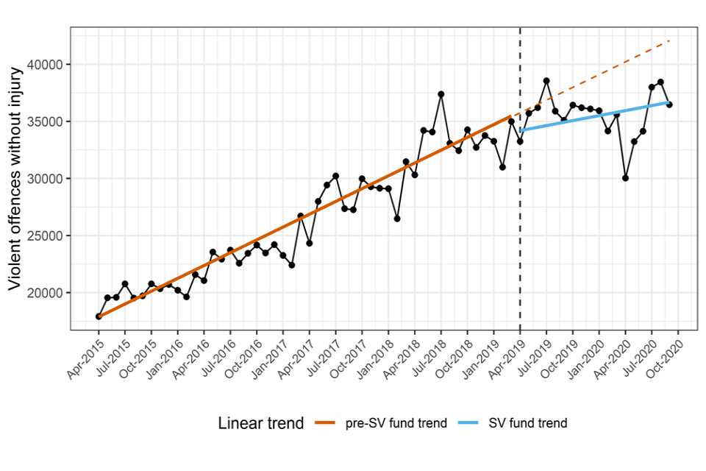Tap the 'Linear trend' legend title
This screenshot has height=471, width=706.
(261, 423)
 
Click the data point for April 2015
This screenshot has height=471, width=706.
(99, 316)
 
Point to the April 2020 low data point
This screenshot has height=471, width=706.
(625, 178)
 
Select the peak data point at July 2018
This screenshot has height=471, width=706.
(441, 94)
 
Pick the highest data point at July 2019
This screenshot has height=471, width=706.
(546, 81)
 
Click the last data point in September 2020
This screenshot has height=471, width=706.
(669, 105)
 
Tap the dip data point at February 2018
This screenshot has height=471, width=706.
(397, 219)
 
